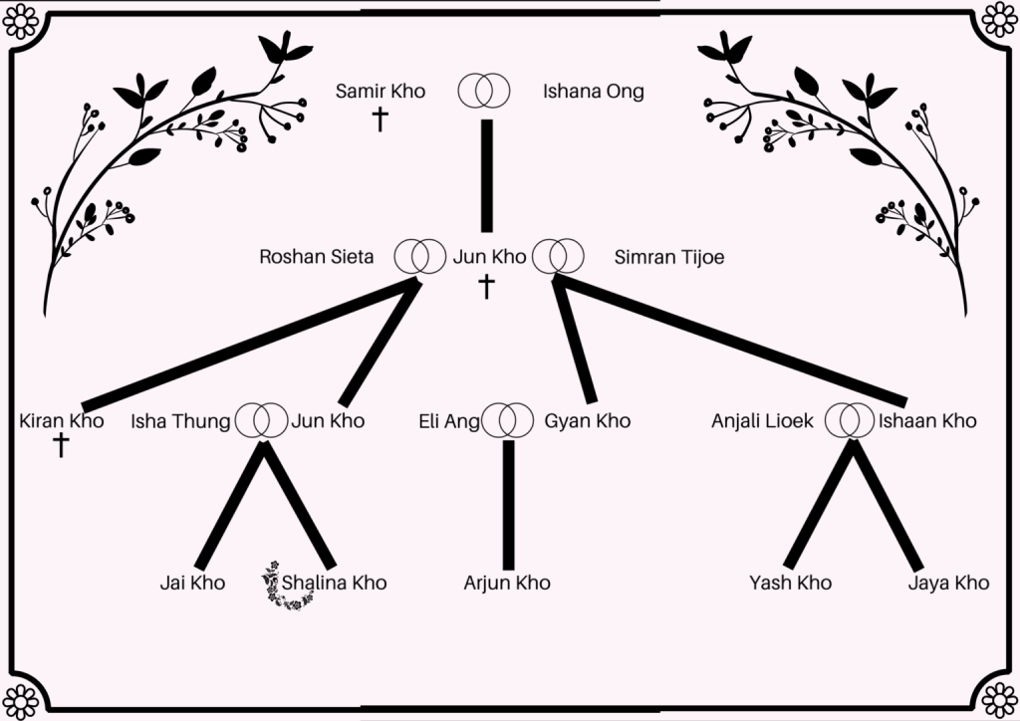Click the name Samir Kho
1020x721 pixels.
click(x=381, y=92)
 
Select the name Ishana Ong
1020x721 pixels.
click(x=593, y=92)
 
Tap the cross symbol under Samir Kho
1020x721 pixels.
click(x=380, y=120)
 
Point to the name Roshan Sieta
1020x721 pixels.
click(x=317, y=257)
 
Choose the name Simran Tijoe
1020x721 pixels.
click(x=669, y=257)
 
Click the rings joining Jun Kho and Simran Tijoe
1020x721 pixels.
click(x=557, y=256)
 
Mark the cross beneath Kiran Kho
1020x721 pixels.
click(x=61, y=445)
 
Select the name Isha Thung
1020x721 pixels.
click(x=181, y=420)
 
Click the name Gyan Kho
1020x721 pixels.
click(x=588, y=420)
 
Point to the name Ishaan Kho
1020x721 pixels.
click(x=926, y=420)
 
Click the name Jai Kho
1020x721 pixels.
click(x=192, y=583)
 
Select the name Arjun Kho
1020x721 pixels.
click(x=507, y=583)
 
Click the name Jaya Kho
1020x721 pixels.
click(x=948, y=583)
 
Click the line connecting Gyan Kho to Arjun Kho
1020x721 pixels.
click(x=508, y=503)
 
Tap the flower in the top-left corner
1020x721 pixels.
click(x=19, y=19)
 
